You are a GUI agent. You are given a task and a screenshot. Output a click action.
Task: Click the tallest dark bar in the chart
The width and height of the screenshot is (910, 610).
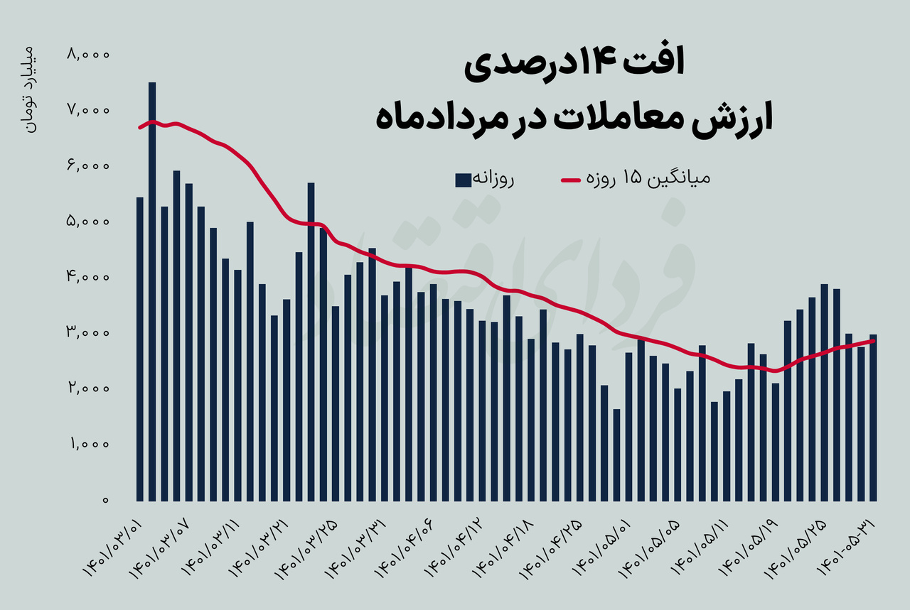(152, 291)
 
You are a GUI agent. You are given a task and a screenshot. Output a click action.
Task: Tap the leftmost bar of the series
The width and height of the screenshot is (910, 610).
(140, 348)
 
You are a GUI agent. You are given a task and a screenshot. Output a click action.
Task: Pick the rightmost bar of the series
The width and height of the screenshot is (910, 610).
(873, 417)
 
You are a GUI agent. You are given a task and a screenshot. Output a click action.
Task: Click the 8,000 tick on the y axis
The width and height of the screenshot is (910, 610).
(87, 54)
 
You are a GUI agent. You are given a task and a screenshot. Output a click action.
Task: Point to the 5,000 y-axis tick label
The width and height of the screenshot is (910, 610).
(87, 222)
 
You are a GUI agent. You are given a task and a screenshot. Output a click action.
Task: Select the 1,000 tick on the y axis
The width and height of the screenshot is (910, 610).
(87, 445)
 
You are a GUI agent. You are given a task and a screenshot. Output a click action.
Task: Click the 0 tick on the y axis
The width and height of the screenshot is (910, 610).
(105, 500)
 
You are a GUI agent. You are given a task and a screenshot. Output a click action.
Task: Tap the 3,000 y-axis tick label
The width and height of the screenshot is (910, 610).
(87, 333)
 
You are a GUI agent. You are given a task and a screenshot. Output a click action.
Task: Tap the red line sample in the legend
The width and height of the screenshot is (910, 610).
(572, 180)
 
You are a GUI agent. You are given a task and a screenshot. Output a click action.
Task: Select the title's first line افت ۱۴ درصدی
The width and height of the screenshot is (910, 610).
(574, 65)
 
